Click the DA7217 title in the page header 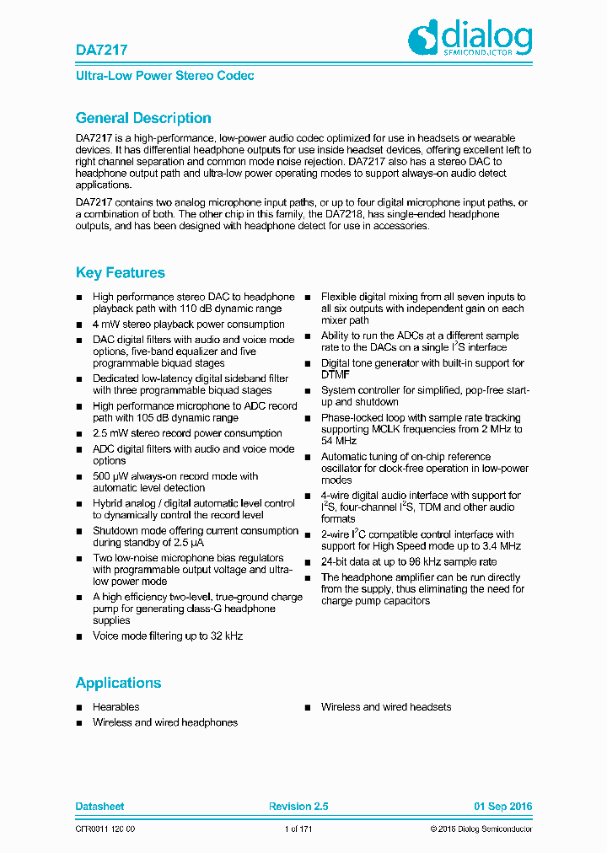click(x=94, y=51)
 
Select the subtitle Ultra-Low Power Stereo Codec click(x=164, y=76)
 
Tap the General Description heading click(x=143, y=118)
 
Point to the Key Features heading click(x=121, y=272)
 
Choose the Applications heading click(x=118, y=683)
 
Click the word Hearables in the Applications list click(x=116, y=707)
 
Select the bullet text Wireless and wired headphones click(x=165, y=722)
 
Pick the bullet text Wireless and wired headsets click(x=386, y=707)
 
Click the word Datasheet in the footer click(x=99, y=807)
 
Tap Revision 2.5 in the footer click(x=298, y=807)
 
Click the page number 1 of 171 click(x=298, y=830)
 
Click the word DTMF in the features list click(x=336, y=374)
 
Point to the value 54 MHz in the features click(x=339, y=441)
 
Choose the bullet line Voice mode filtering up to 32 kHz click(x=168, y=636)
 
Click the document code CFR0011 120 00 click(x=105, y=830)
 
